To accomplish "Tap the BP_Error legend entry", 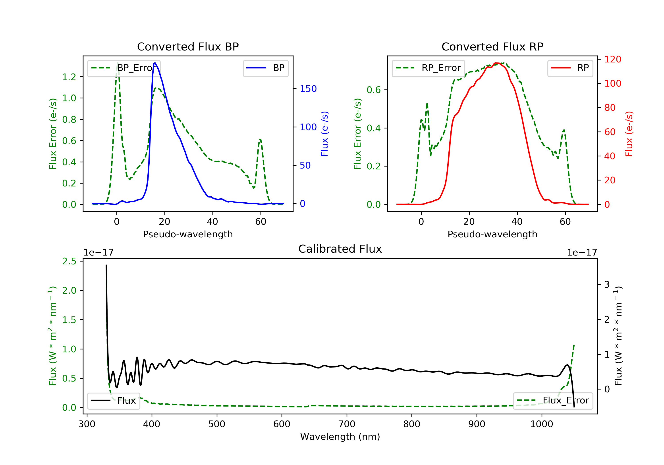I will click(124, 68).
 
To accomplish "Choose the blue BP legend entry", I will click(265, 68).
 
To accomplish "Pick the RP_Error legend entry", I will click(428, 68).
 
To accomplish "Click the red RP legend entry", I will click(570, 68).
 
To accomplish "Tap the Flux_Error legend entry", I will click(553, 401).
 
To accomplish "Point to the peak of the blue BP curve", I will click(155, 63).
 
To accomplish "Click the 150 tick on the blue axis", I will click(308, 89).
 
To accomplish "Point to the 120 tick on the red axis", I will click(612, 59).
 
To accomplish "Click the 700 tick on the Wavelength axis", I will click(346, 424).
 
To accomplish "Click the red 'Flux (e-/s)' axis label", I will click(629, 134).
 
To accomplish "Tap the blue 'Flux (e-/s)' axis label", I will click(324, 134).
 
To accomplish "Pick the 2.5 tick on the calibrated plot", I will click(69, 261).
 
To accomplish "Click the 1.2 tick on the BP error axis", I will click(69, 77).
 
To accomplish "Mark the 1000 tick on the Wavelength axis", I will click(541, 424).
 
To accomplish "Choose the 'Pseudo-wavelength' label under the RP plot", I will click(492, 234).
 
